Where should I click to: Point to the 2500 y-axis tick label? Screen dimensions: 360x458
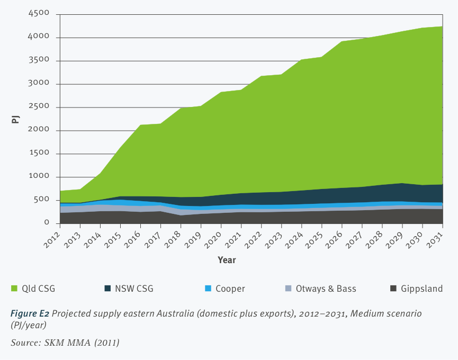coord(39,107)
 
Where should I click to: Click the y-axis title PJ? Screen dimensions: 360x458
coord(15,119)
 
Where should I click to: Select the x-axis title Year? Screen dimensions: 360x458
coord(227,260)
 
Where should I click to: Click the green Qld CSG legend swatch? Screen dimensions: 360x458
coord(14,289)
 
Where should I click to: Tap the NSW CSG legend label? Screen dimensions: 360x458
coord(136,289)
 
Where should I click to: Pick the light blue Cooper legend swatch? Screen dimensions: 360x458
coord(208,289)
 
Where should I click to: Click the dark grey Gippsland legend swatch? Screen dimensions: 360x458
coord(393,289)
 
